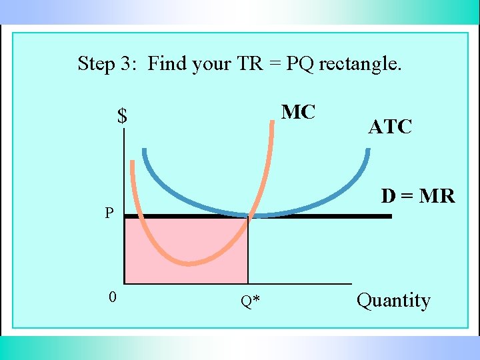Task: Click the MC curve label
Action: click(x=298, y=112)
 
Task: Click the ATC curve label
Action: click(x=390, y=127)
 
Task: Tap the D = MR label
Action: click(x=418, y=196)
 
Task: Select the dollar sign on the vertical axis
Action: click(x=122, y=117)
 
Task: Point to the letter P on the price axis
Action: click(x=109, y=213)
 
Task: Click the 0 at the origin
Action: click(x=113, y=297)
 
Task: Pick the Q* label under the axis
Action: click(x=250, y=302)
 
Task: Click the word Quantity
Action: click(x=393, y=300)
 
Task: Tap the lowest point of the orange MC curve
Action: click(x=190, y=263)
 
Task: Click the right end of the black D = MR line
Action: click(x=390, y=216)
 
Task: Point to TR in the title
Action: click(x=247, y=64)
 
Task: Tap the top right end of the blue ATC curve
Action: click(x=367, y=149)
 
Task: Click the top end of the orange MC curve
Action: click(x=273, y=121)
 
